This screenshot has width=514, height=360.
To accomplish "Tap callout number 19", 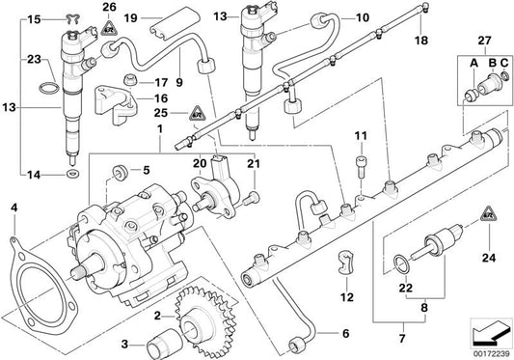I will coord(156,17).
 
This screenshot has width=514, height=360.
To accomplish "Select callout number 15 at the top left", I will coord(35,17).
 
